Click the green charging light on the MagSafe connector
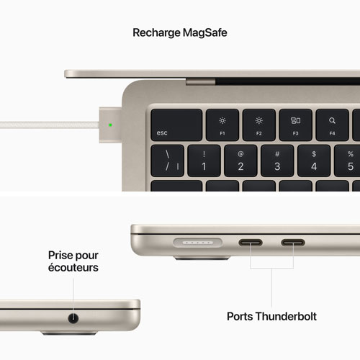pos(110,125)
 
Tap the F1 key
pos(222,125)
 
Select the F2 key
pos(259,125)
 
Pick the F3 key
pos(296,125)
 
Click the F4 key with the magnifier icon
pos(332,125)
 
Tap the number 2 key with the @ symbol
pos(240,161)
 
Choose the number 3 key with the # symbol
pos(277,161)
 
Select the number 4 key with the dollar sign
pos(314,161)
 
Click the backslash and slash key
pos(168,161)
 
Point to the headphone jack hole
pos(73,318)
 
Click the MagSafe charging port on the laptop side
pos(198,243)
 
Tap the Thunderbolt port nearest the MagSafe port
pos(251,243)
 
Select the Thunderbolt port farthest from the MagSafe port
pos(293,243)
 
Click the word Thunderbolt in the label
pos(286,316)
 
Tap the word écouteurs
pos(73,267)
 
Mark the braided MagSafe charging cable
pos(50,125)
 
